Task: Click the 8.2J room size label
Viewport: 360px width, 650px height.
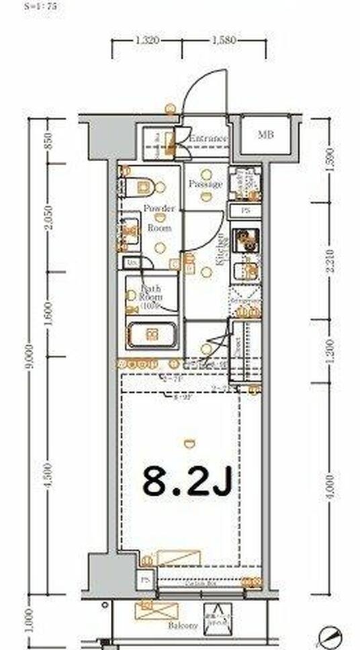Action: click(187, 481)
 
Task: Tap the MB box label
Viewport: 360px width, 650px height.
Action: click(267, 134)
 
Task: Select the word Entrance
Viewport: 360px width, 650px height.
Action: click(207, 139)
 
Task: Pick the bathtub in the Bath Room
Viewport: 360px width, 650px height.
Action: click(152, 334)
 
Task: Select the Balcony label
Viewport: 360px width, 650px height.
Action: click(183, 625)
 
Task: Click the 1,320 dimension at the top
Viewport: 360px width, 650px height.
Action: click(147, 40)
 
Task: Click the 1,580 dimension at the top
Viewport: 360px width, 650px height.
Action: click(224, 40)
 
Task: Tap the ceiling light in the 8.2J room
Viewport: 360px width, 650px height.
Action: click(189, 442)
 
